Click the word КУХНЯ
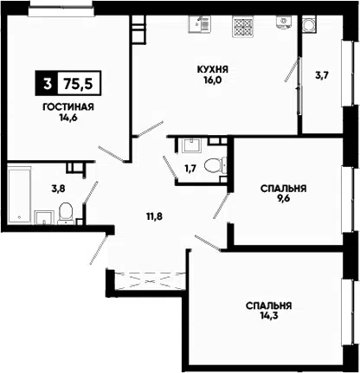pos(213,69)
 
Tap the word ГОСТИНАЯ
pos(68,107)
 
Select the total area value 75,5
pos(79,84)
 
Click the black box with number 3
pos(47,83)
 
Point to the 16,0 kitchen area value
pos(213,80)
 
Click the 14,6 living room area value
pos(68,118)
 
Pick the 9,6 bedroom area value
pos(283,198)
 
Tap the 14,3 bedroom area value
pos(268,315)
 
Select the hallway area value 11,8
pos(154,216)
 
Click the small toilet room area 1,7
pos(190,168)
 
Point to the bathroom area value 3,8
pos(58,189)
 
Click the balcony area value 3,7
pos(322,75)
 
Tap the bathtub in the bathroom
pos(19,196)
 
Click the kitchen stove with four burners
pos(243,26)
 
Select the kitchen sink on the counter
pos(200,23)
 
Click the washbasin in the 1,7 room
pos(191,145)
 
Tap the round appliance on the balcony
pos(310,25)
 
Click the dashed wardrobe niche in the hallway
pos(150,280)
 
